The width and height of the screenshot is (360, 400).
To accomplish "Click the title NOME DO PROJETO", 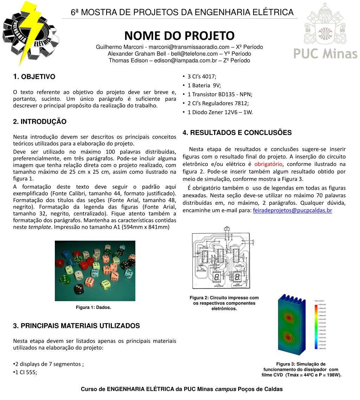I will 179,36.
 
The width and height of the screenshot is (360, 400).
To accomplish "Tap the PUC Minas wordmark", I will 325,54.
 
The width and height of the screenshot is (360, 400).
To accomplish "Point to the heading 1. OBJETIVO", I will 34,77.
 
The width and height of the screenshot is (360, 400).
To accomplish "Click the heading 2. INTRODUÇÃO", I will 39,122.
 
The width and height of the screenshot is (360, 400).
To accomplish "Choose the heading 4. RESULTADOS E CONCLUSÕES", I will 237,133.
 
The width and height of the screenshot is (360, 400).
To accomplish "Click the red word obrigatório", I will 268,164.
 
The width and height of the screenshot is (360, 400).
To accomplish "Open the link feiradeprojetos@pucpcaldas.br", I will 292,210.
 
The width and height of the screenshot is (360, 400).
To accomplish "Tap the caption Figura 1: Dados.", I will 94,307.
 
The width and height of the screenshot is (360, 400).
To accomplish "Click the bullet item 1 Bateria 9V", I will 204,85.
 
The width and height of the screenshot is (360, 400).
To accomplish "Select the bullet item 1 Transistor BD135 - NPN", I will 220,94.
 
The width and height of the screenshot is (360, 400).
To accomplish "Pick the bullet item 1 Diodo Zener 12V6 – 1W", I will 220,112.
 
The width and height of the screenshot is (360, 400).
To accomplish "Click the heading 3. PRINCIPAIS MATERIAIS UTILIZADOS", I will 76,326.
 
